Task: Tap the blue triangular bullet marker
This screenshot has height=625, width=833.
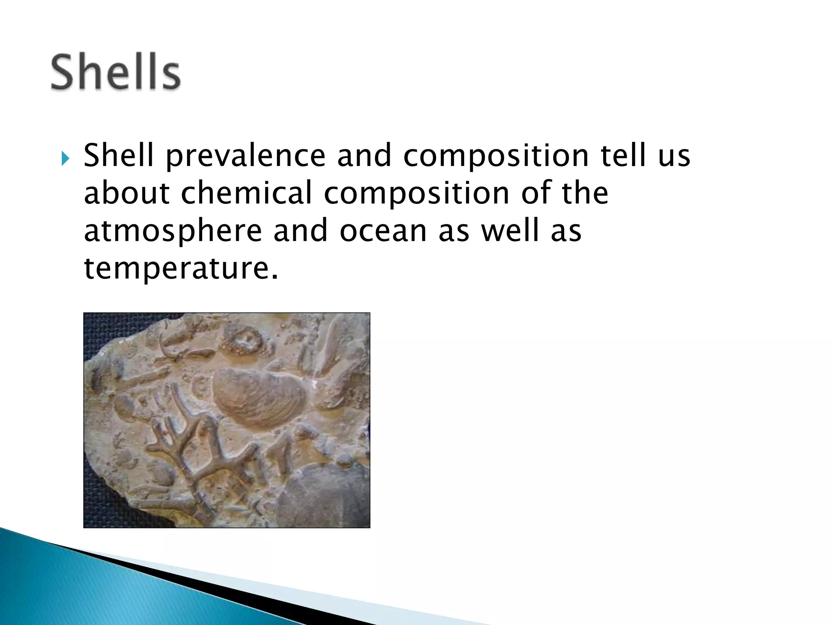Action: coord(65,158)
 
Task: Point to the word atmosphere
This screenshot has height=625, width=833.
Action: coord(173,231)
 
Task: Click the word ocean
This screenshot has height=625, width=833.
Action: coord(383,231)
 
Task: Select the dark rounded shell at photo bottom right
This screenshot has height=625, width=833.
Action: coord(325,496)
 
